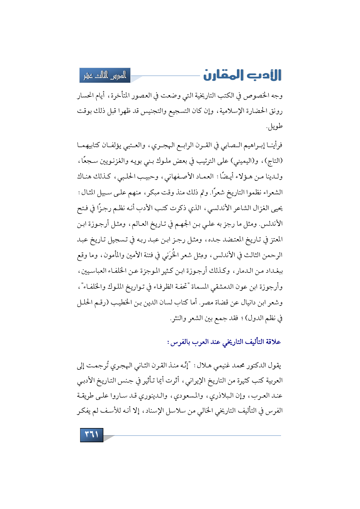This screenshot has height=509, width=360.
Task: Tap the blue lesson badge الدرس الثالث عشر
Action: click(105, 75)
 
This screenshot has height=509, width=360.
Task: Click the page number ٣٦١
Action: click(91, 435)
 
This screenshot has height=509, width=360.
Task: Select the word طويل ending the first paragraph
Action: click(275, 127)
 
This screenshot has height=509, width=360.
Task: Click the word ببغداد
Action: click(274, 271)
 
